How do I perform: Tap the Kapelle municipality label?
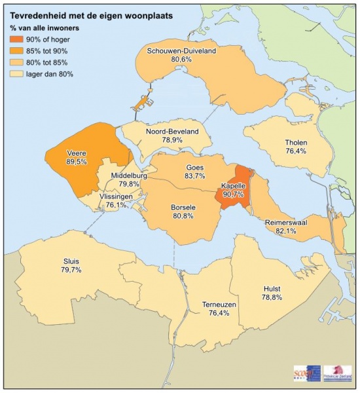[x=233, y=185]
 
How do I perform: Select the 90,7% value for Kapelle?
[x=233, y=194]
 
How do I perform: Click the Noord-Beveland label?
[x=172, y=131]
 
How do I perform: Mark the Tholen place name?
[x=296, y=143]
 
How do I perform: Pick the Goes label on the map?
[x=194, y=167]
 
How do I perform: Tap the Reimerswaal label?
[x=287, y=223]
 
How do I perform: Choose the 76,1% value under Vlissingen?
[x=116, y=205]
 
